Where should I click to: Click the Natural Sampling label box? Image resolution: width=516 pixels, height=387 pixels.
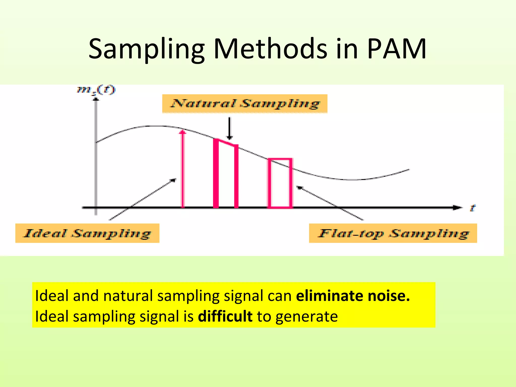click(245, 104)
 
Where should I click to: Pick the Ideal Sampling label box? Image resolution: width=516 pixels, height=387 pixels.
click(87, 233)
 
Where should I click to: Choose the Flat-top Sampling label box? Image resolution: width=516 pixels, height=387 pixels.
click(393, 233)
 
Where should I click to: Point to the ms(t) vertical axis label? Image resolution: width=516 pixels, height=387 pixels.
click(96, 90)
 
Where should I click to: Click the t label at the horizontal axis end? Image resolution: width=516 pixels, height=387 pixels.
click(472, 208)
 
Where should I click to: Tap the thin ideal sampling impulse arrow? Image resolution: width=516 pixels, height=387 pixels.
click(183, 169)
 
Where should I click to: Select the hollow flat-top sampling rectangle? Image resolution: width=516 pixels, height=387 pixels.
click(280, 183)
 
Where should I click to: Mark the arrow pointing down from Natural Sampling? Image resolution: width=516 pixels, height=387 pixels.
click(229, 128)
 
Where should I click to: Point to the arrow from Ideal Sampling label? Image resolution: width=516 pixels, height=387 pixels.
click(142, 199)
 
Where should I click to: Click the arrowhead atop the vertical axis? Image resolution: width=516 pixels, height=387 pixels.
click(96, 99)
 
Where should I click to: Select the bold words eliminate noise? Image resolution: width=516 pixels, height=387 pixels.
click(353, 296)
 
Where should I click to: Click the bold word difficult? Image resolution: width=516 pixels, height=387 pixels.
click(225, 316)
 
